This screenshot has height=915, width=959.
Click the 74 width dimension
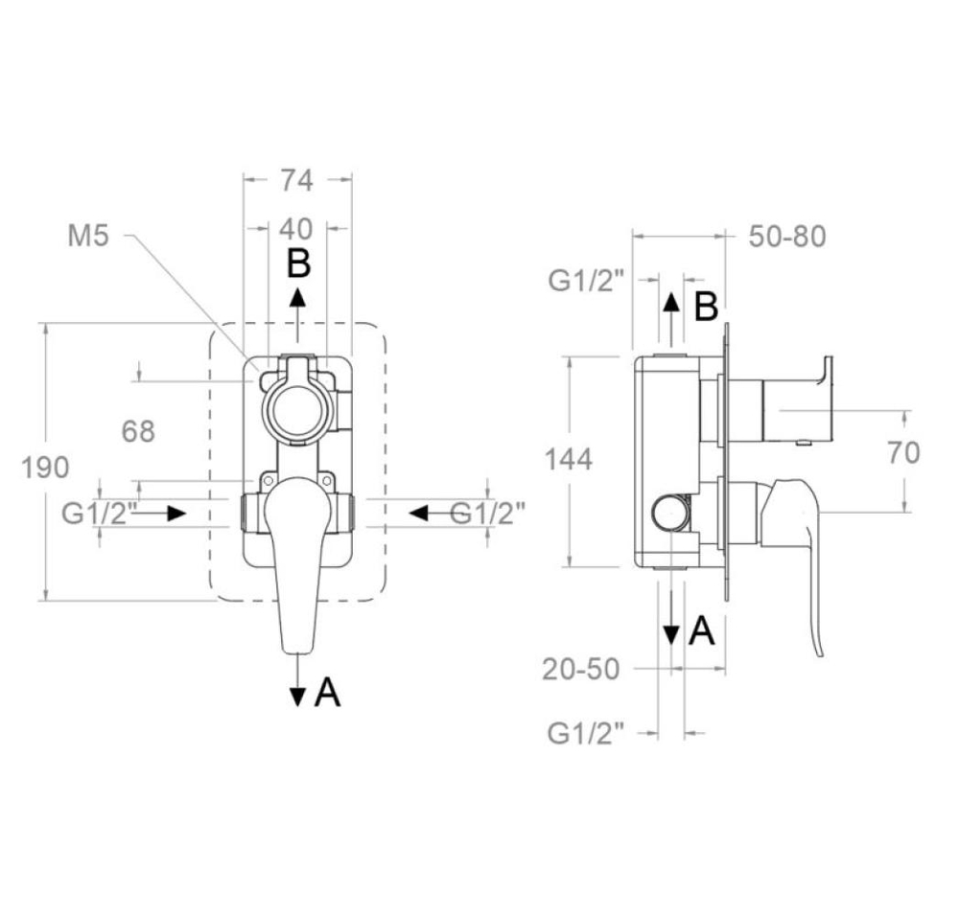(296, 180)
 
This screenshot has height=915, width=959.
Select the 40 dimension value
(296, 229)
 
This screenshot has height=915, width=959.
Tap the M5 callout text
(88, 236)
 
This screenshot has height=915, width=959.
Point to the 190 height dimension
(45, 468)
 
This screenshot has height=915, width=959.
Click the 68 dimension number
(138, 431)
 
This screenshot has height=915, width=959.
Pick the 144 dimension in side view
(568, 460)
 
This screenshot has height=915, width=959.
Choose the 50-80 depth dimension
(787, 237)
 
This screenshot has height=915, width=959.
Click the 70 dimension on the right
(904, 453)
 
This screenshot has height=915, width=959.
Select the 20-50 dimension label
(581, 670)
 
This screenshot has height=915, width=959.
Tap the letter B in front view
(299, 264)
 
